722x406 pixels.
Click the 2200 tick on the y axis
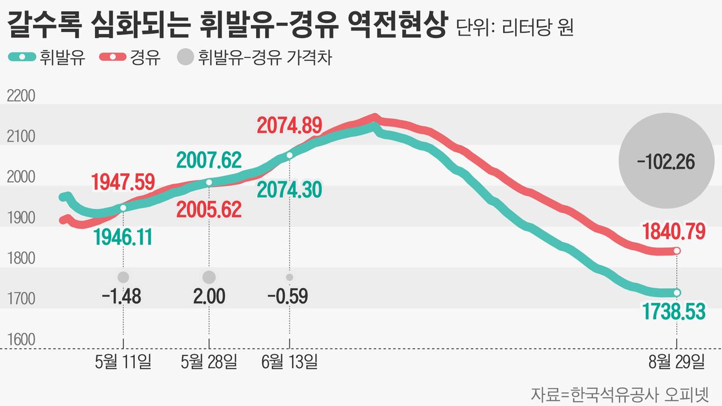coord(20,96)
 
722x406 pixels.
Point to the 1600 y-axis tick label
coord(20,340)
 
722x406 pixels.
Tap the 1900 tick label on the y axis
coord(20,218)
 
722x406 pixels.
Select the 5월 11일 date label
coord(123,361)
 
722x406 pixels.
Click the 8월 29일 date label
coord(676,361)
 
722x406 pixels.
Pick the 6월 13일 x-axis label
coord(289,361)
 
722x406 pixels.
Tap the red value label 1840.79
coord(673,232)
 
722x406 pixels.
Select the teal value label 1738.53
coord(673,311)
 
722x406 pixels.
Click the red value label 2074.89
coord(289,124)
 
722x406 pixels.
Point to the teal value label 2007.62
coord(209,160)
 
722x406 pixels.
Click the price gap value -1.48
coord(121,295)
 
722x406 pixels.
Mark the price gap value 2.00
coord(209,295)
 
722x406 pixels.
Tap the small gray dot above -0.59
coord(289,277)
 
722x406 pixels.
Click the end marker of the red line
coord(677,250)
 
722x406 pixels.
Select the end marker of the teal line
coord(677,293)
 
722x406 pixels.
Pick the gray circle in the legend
coord(185,58)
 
